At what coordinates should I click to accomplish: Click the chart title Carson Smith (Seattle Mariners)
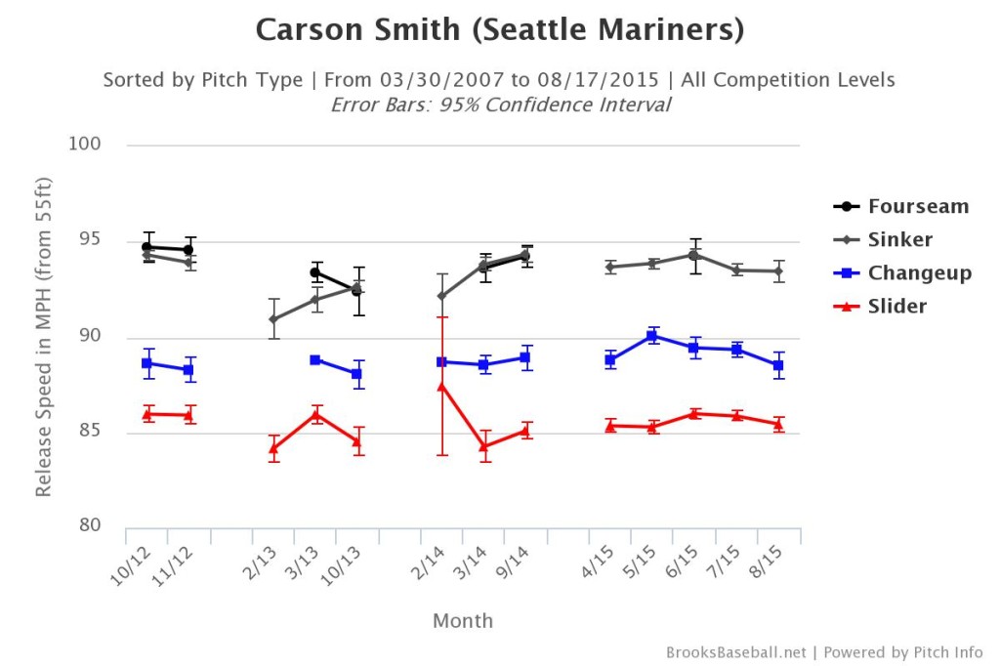499,30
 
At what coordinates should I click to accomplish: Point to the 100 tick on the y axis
87,146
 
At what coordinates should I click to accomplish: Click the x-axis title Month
464,621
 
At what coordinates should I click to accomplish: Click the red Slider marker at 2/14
441,386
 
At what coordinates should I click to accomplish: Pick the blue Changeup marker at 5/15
652,336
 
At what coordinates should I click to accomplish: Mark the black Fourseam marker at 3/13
315,272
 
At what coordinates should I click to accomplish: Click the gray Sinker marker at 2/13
273,319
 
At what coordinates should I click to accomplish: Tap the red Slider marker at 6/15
694,413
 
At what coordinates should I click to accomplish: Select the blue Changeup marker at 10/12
147,363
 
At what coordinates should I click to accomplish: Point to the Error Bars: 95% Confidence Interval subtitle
499,104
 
